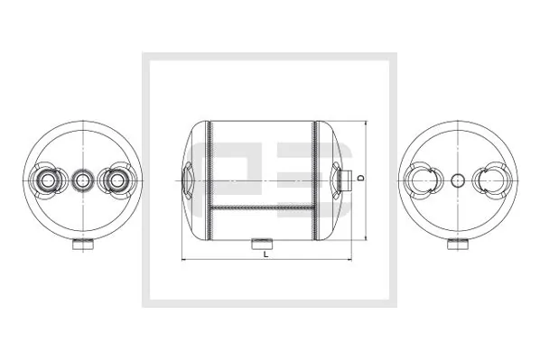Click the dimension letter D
pos(360,179)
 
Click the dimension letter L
pos(265,254)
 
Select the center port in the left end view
pos(82,180)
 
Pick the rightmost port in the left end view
pos(115,180)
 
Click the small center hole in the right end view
pos(458,180)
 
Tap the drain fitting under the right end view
pos(458,245)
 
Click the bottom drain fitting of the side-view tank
pos(264,242)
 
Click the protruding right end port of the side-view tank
pos(345,179)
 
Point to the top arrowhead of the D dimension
pos(366,121)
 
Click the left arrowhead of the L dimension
pos(185,261)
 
